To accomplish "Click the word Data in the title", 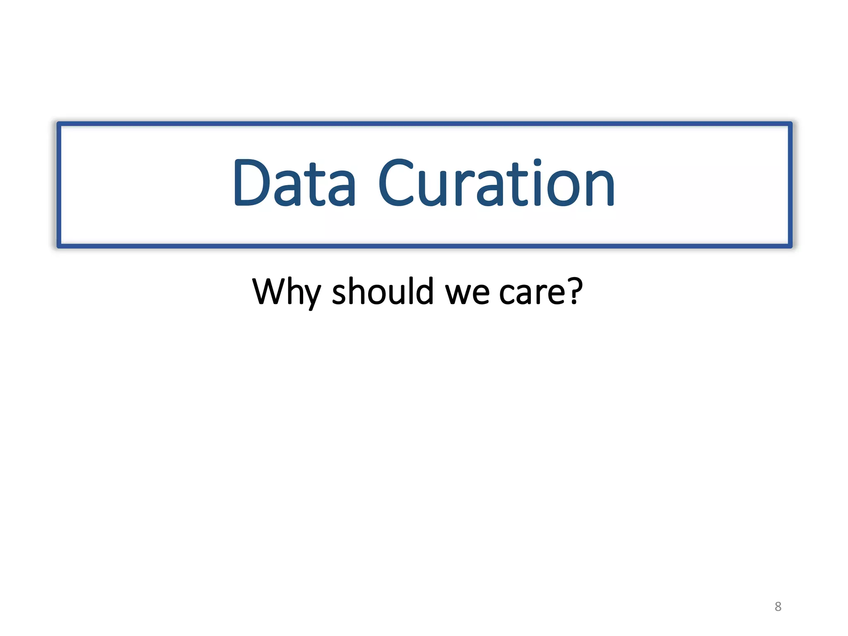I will click(294, 183).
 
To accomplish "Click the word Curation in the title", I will click(496, 183).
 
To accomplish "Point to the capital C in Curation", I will click(397, 183).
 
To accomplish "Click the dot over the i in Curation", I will click(537, 162).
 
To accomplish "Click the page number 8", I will click(778, 607).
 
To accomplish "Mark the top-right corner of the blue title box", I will click(790, 124).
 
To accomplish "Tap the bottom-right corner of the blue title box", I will click(790, 246).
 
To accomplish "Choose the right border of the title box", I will click(790, 185).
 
